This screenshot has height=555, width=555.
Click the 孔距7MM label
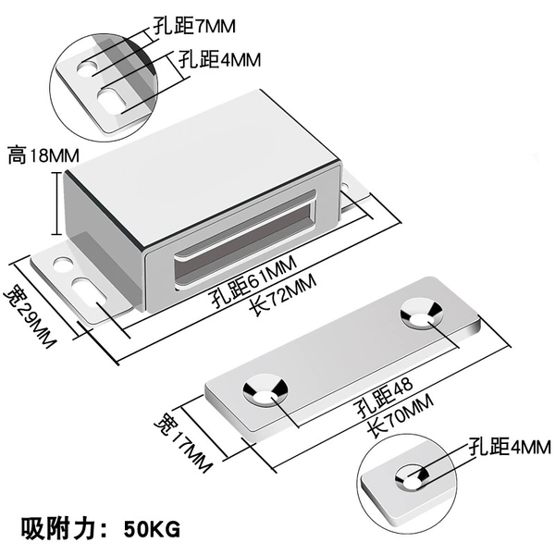tap(194, 26)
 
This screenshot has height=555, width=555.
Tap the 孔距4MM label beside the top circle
tap(219, 59)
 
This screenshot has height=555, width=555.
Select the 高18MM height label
tap(43, 155)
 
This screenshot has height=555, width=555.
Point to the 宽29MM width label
tap(31, 315)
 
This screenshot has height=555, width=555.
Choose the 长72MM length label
tap(282, 296)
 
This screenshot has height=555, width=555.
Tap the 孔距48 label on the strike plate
tap(385, 397)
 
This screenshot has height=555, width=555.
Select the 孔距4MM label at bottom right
tap(510, 447)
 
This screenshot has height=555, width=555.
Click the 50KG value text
tap(153, 530)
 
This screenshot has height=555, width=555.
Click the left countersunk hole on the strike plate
tap(265, 389)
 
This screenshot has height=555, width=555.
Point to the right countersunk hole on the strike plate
tap(422, 314)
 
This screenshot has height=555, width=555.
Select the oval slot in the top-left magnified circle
tap(112, 100)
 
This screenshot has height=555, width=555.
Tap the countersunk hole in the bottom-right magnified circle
tap(413, 478)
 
